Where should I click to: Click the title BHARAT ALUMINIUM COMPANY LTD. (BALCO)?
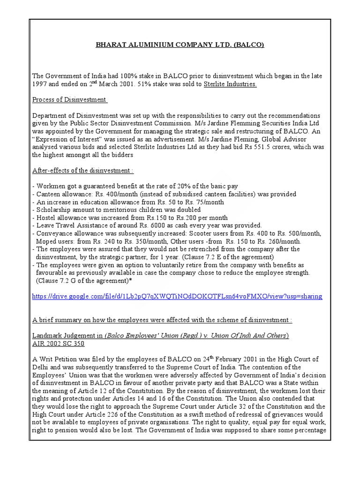coord(180,45)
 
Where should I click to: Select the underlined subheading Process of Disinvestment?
coord(69,99)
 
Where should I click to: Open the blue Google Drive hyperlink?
coord(177,297)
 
